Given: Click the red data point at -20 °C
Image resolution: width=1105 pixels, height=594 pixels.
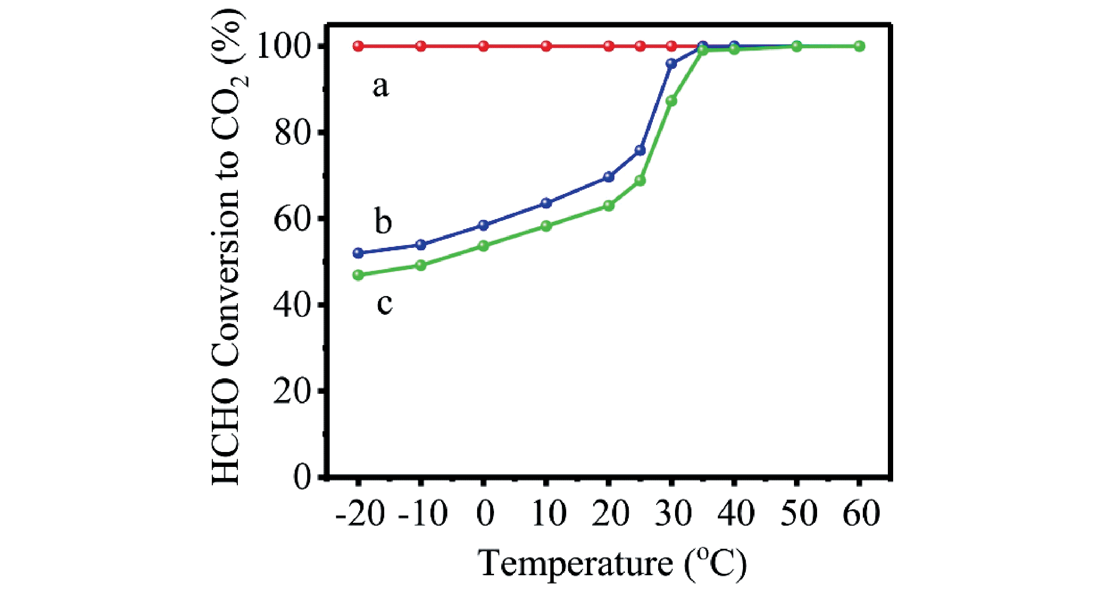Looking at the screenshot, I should coord(358,46).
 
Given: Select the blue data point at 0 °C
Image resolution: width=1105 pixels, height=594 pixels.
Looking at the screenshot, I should coord(483,225).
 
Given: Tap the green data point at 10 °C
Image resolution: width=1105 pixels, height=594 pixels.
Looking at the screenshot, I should coord(546,226).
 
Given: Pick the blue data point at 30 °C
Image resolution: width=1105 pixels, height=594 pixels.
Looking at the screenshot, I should coord(671,64).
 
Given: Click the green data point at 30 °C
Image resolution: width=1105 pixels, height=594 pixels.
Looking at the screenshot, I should coord(671,101).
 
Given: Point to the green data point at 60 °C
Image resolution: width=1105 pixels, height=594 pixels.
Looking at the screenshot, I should coord(859,46).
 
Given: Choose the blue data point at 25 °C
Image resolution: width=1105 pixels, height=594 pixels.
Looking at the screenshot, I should coord(640,150).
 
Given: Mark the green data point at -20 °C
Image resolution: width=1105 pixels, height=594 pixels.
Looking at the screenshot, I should coord(358,275).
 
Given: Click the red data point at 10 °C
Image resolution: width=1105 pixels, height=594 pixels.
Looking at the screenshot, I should coord(546,46).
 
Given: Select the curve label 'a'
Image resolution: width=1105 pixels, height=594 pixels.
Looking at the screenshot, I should coord(380,87).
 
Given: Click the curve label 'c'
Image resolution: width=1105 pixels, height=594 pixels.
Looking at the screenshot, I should coord(384,303).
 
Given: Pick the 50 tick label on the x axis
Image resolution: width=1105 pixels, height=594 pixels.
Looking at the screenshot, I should coord(798,513).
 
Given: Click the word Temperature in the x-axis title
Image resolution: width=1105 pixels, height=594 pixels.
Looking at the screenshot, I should coord(575,563).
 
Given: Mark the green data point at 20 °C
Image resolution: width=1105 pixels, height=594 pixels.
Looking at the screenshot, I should coord(609,206).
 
